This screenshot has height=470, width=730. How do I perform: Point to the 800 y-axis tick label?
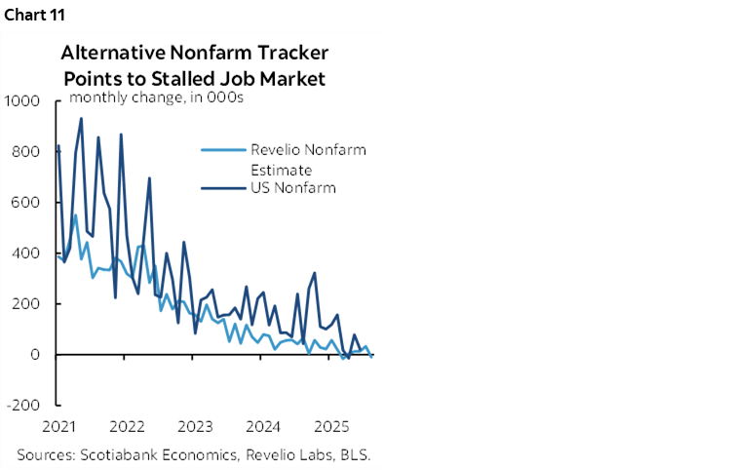(x=25, y=151)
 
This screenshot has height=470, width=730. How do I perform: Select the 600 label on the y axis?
(x=25, y=202)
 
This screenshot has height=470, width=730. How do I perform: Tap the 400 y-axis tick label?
(x=25, y=253)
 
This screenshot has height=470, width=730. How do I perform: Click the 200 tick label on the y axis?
(x=25, y=303)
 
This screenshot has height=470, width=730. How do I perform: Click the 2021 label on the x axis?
(x=60, y=426)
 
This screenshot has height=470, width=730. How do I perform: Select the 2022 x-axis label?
(x=128, y=426)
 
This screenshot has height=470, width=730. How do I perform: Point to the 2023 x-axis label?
(x=196, y=426)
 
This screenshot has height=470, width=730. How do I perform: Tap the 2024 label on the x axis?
(x=263, y=426)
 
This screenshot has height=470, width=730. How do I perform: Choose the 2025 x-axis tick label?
(x=331, y=426)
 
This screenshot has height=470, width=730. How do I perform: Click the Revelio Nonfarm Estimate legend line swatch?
(x=220, y=150)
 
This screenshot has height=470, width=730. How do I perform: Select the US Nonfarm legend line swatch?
(x=220, y=187)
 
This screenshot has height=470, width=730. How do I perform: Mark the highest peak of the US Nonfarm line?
(x=81, y=119)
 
